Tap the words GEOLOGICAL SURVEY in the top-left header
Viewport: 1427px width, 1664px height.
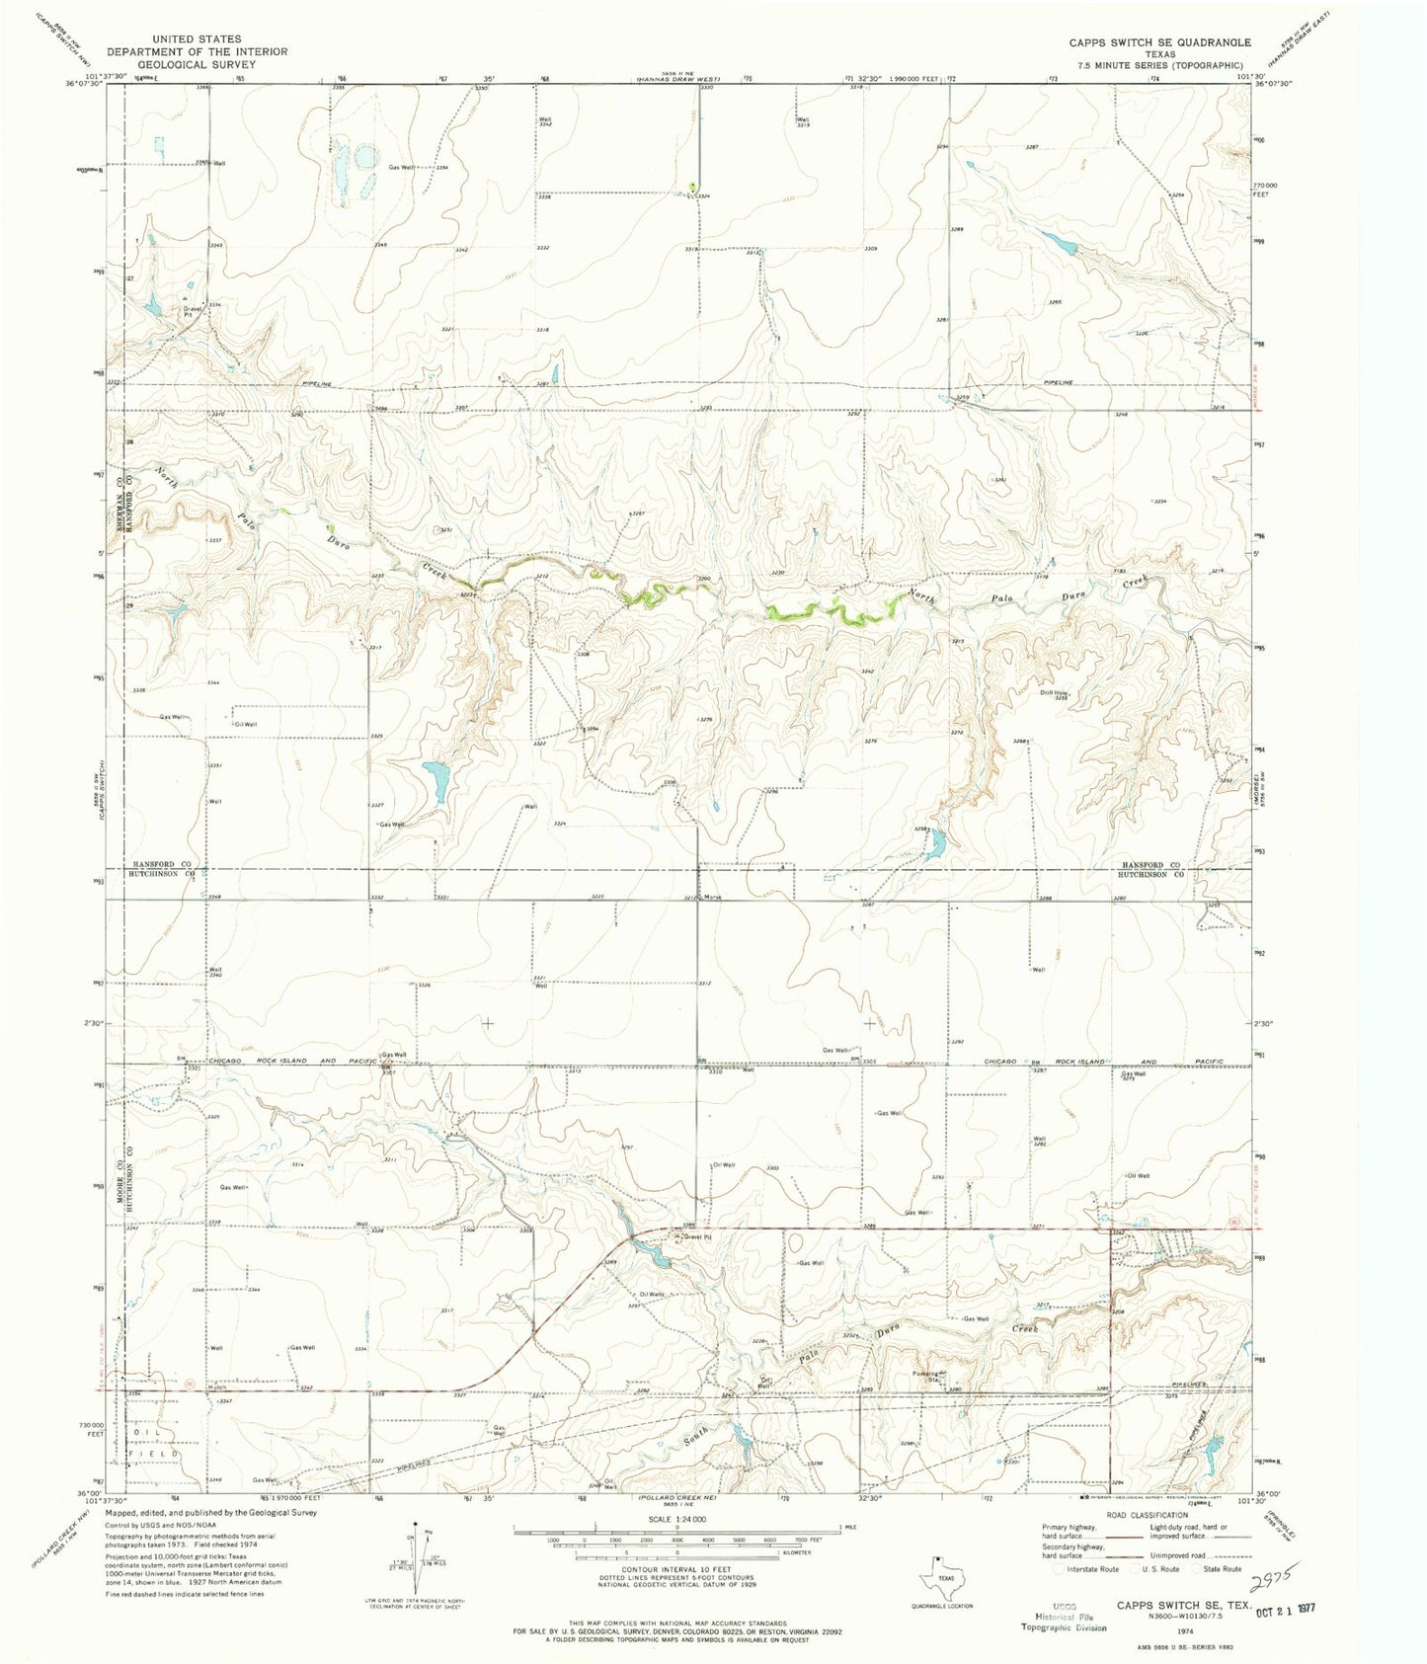[x=197, y=64]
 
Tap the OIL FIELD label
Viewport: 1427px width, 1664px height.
[x=154, y=1445]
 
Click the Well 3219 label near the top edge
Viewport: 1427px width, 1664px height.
[x=804, y=123]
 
